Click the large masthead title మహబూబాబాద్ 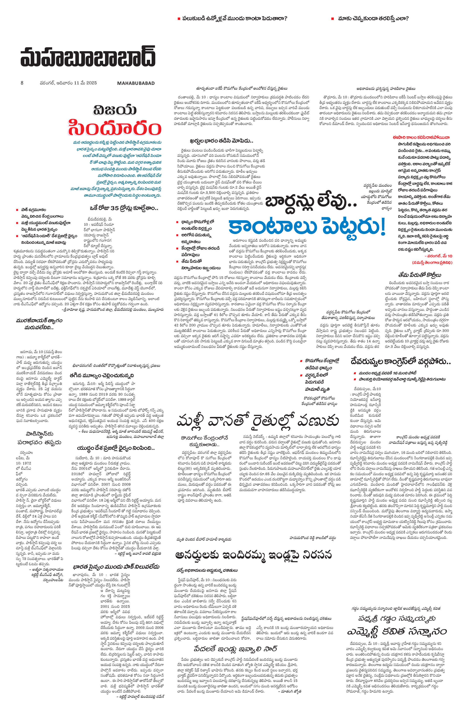click(x=88, y=56)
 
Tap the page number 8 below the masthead click(x=22, y=83)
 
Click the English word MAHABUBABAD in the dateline click(x=136, y=83)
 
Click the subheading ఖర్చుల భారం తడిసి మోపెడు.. click(x=221, y=141)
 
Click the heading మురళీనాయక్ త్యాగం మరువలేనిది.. click(x=39, y=324)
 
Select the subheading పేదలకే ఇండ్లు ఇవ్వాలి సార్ click(x=235, y=648)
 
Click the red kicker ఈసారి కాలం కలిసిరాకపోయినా click(x=421, y=137)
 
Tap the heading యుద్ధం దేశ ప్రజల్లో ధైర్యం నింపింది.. click(x=116, y=448)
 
